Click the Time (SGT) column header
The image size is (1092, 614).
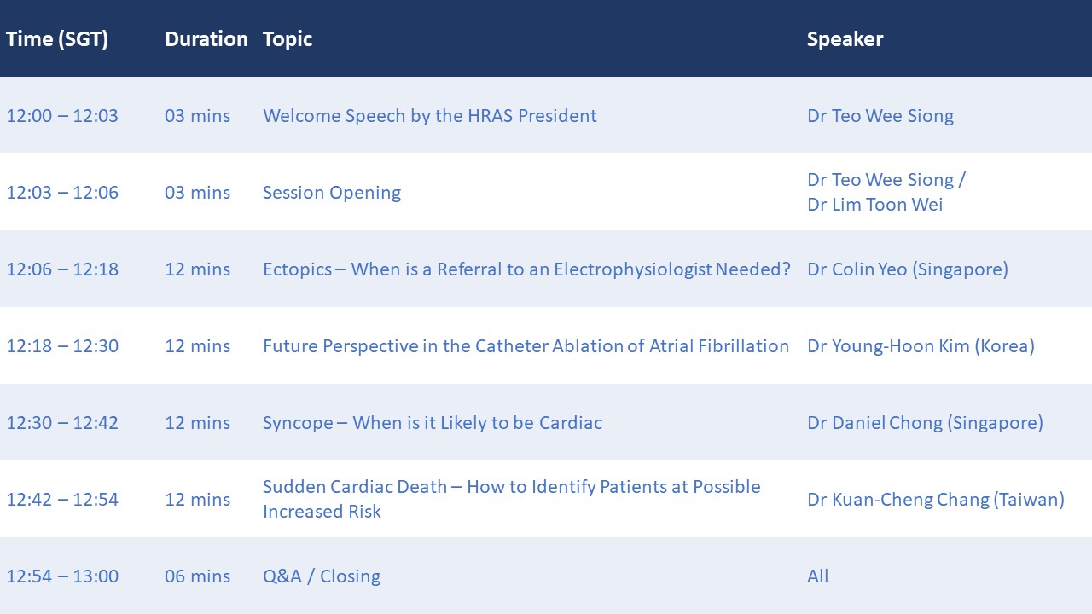[57, 39]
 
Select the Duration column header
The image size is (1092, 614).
[206, 39]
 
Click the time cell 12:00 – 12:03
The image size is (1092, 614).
[62, 116]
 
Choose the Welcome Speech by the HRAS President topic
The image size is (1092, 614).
[429, 116]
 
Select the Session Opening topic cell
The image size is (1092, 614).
[332, 193]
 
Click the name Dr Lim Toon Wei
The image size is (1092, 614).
[875, 205]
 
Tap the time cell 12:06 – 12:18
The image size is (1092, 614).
[62, 269]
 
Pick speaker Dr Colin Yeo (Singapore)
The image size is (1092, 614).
[908, 269]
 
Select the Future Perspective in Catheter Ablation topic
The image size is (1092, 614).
[526, 346]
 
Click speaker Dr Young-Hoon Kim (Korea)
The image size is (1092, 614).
[921, 346]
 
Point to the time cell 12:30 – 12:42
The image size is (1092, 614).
[62, 423]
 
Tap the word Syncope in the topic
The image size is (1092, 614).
[298, 423]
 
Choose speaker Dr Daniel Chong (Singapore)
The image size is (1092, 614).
[926, 423]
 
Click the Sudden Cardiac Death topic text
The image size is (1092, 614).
[512, 499]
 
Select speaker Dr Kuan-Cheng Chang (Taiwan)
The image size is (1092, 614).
[936, 500]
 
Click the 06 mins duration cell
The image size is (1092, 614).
[197, 576]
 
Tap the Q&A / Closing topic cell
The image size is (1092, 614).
[322, 576]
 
